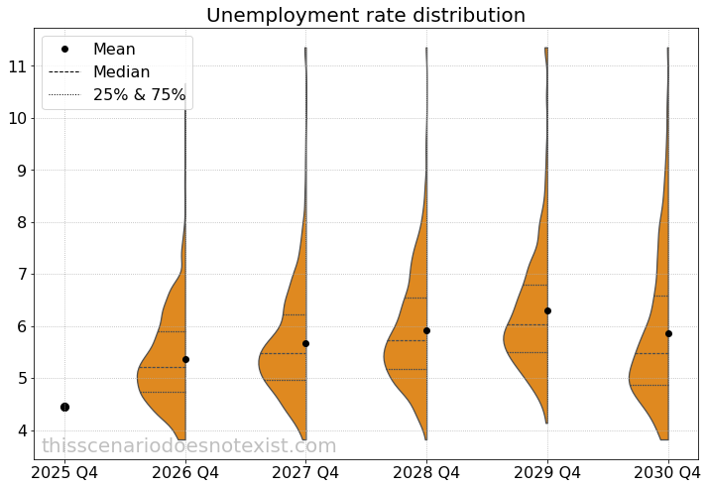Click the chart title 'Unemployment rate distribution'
click(365, 16)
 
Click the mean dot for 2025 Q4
click(64, 407)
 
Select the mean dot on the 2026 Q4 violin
click(185, 359)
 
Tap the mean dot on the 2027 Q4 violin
click(305, 343)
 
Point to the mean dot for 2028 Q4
click(426, 330)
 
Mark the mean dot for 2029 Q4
click(547, 310)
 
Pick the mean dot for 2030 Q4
click(668, 333)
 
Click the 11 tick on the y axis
click(19, 66)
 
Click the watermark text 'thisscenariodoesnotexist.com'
click(189, 446)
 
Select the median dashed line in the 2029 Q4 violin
click(526, 324)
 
